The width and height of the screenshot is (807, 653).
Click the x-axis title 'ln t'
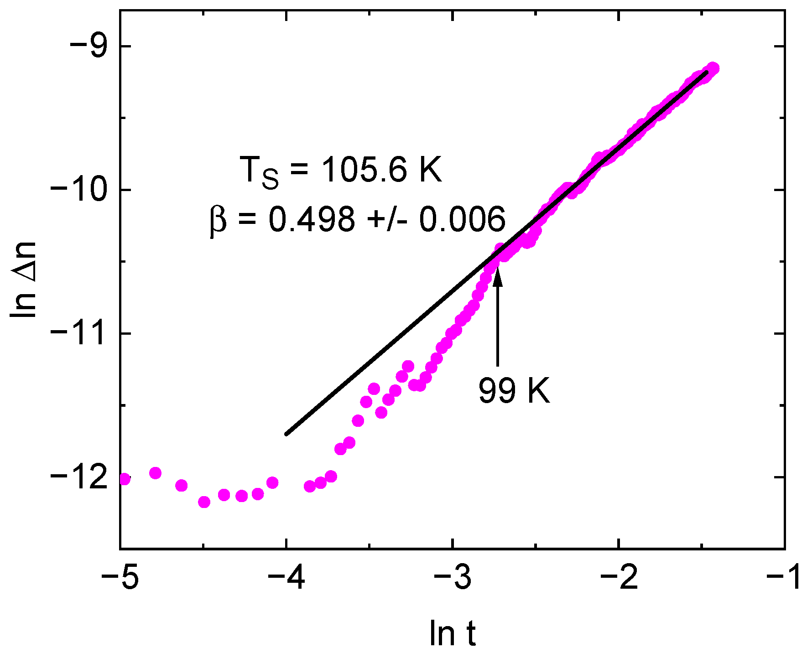(x=452, y=633)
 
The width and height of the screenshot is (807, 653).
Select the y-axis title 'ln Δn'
(x=24, y=280)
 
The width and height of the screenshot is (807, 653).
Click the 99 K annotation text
(x=514, y=391)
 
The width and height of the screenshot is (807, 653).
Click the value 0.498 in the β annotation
(x=311, y=219)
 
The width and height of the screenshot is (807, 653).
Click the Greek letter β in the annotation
(x=218, y=220)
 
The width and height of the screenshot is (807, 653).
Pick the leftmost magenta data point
(x=124, y=479)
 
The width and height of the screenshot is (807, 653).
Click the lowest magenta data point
(x=204, y=502)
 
